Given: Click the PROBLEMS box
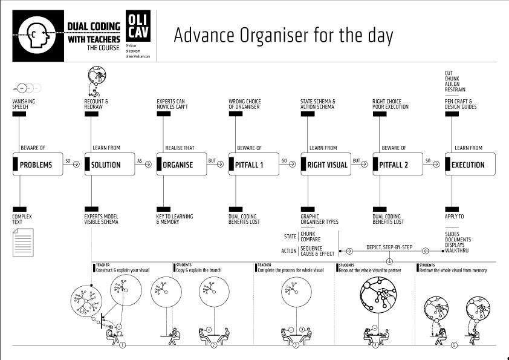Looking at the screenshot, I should click(37, 165).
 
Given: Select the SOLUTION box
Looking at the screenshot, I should click(109, 165).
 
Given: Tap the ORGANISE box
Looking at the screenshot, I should click(181, 165).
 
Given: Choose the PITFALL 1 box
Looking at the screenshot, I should click(253, 165).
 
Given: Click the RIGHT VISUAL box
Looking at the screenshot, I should click(325, 165).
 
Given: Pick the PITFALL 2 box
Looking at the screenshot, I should click(397, 165).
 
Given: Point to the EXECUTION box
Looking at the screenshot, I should click(469, 165).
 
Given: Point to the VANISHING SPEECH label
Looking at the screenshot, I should click(24, 104).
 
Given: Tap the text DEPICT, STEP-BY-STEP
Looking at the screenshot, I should click(389, 247).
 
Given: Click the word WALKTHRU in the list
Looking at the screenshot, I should click(456, 250).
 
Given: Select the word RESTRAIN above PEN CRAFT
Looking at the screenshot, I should click(455, 90).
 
